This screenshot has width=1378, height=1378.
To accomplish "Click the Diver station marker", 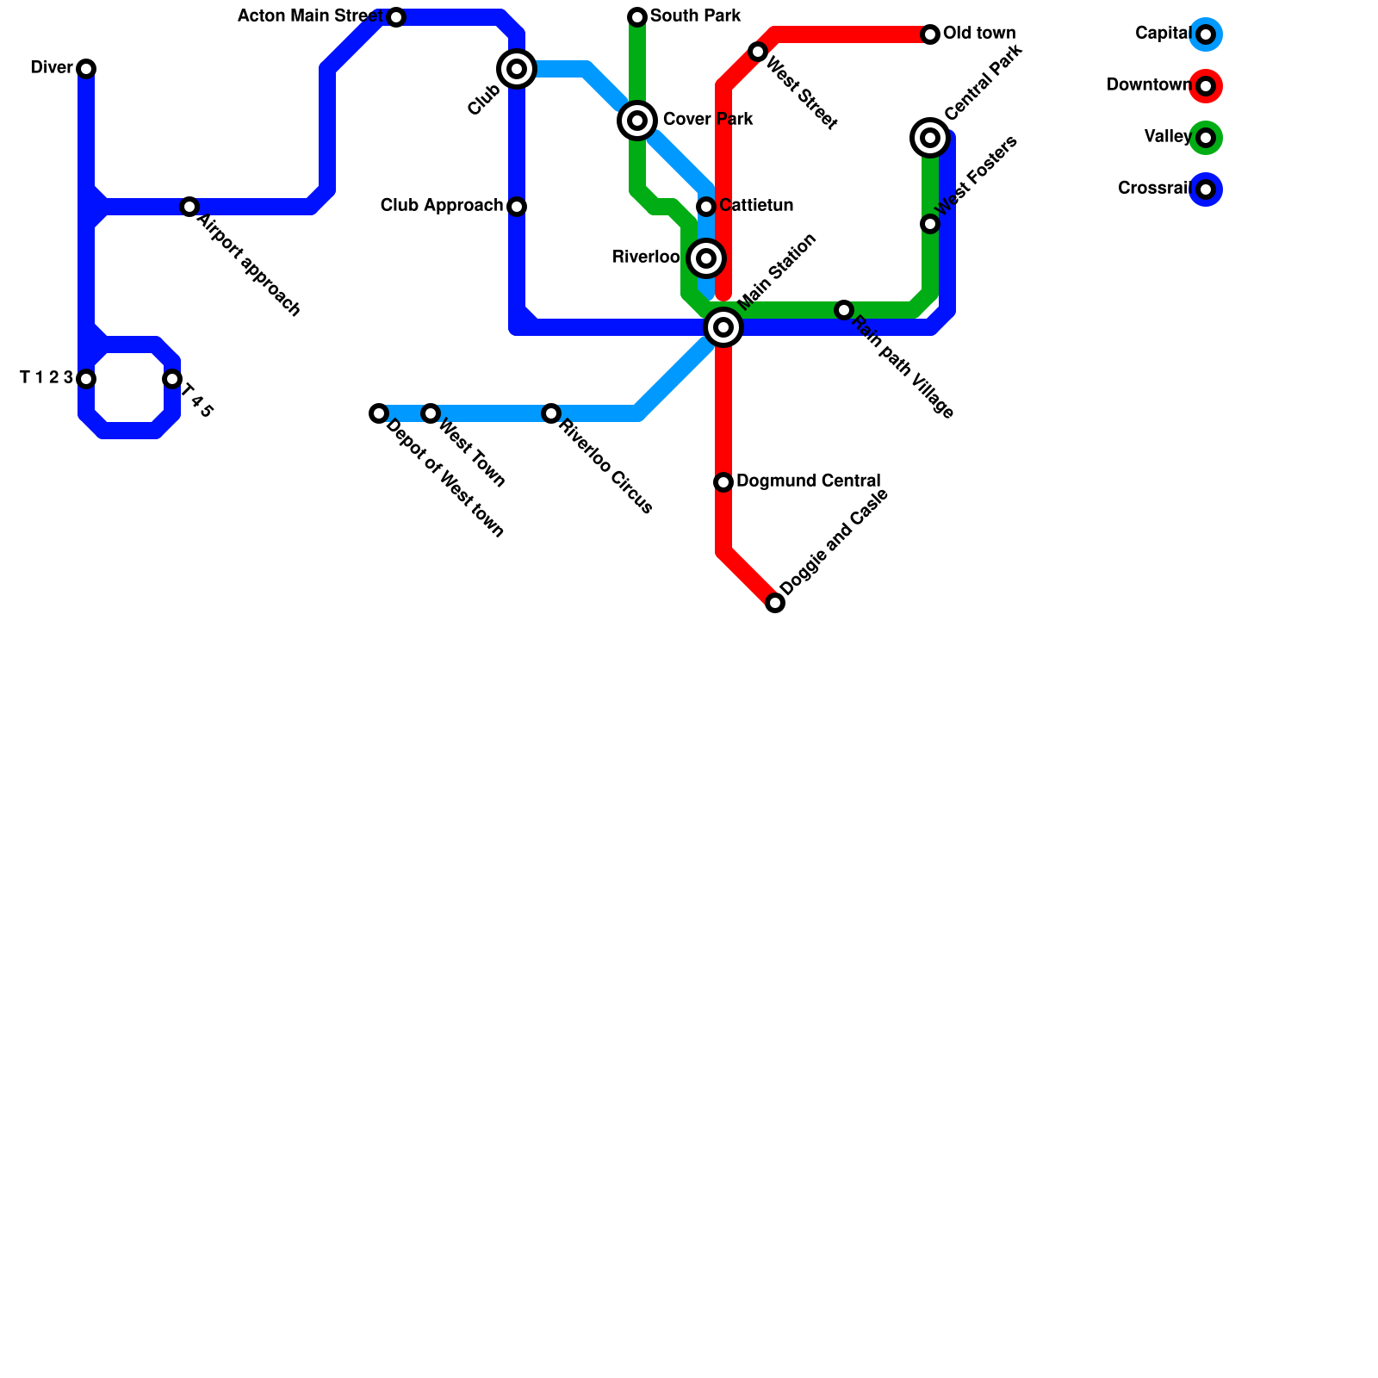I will coord(86,69).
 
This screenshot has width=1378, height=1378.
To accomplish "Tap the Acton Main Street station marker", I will coord(396,17).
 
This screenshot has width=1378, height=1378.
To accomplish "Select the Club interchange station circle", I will coord(517,69).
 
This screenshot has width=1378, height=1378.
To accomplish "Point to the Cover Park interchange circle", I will coord(637,121).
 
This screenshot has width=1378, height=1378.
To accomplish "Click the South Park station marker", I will coord(637,17).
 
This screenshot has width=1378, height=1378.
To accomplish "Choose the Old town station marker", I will coord(930,34).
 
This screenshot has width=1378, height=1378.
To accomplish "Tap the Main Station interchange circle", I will coord(723,327).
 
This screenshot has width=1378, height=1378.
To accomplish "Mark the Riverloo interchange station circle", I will coord(706,258).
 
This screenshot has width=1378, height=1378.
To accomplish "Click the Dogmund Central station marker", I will coord(723,482).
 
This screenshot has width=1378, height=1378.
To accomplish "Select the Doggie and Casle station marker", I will coord(775,603).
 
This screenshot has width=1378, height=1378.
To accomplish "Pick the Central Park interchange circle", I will coord(930,138).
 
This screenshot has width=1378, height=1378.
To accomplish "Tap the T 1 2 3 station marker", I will coord(86,379).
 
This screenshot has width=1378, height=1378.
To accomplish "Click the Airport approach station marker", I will coord(189,207).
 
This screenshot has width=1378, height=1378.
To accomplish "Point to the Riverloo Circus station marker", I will coord(551,413).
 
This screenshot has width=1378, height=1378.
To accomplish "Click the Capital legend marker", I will coord(1206,34).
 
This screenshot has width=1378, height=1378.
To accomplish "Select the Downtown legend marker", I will coord(1206,86).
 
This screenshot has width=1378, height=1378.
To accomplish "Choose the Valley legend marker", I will coord(1206,138).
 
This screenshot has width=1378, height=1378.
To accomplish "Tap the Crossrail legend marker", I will coord(1206,189).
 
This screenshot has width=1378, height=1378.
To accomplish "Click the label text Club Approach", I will coord(441,206).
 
